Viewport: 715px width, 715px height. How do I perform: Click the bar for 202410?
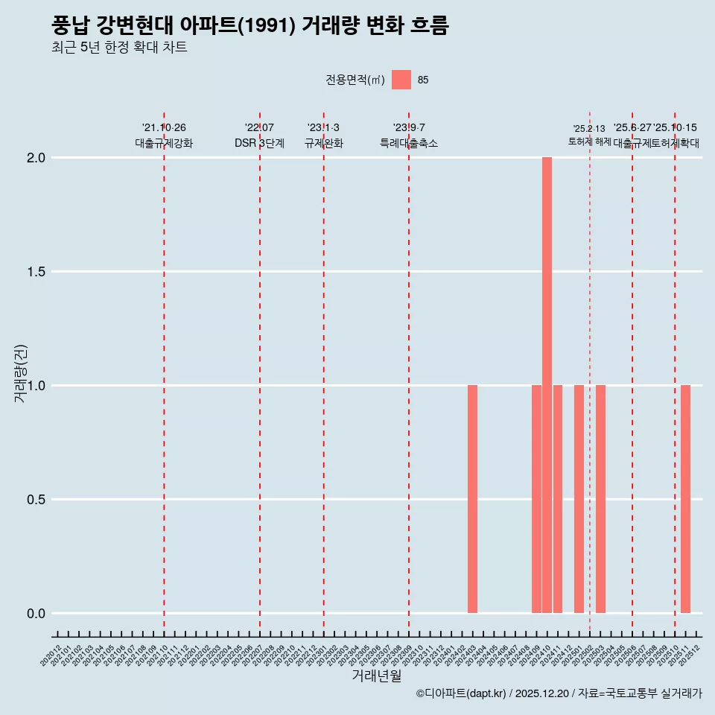click(547, 385)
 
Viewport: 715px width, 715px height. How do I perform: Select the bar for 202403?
click(472, 499)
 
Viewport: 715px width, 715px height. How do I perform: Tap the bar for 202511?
click(685, 499)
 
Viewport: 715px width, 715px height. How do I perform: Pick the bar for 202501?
click(579, 499)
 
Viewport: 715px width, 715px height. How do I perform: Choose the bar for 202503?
click(600, 499)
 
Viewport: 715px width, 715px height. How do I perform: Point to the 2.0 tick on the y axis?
click(36, 158)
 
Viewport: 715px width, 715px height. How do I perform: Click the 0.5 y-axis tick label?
click(36, 500)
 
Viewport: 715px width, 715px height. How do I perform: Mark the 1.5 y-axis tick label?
click(36, 272)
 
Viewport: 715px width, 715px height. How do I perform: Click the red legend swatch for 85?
click(401, 80)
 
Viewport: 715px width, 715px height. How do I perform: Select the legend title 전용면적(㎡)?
click(355, 80)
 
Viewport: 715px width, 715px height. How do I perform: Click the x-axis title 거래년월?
click(376, 676)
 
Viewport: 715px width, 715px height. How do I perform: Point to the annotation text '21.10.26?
click(164, 128)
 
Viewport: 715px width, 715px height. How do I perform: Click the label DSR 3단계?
click(259, 143)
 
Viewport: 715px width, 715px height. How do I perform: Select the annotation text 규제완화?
click(323, 143)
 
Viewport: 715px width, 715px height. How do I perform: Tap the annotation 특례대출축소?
click(408, 143)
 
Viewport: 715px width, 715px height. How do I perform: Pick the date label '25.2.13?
click(589, 129)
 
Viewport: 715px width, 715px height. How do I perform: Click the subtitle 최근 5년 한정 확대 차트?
click(119, 48)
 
